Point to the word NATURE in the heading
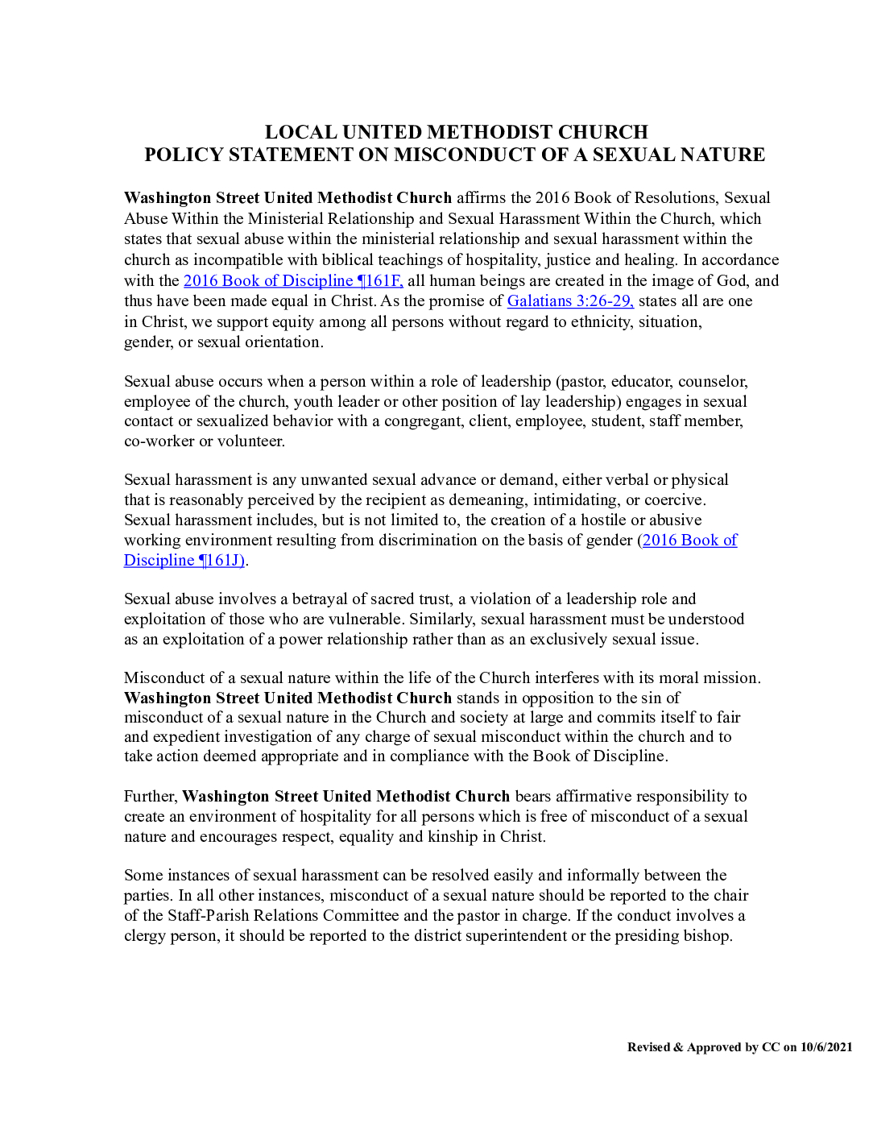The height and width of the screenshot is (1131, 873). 719,155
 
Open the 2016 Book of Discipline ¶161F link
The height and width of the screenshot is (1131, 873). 293,280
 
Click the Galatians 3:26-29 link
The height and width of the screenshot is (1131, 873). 570,301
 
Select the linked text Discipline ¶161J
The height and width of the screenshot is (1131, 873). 184,560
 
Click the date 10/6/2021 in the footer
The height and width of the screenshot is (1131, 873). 825,1047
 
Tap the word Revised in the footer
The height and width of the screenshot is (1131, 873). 648,1047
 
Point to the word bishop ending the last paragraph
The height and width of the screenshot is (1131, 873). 708,936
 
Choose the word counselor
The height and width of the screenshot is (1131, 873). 712,382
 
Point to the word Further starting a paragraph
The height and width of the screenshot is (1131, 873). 150,797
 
